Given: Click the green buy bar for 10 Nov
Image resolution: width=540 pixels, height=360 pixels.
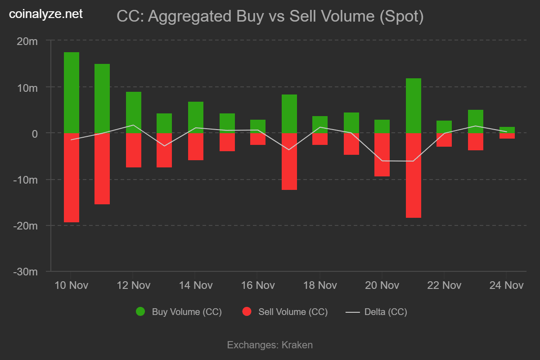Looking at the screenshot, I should pyautogui.click(x=72, y=92).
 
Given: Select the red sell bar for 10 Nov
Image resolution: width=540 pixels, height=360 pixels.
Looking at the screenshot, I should pyautogui.click(x=72, y=177).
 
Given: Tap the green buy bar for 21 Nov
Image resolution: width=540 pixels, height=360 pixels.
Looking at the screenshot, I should pyautogui.click(x=414, y=105).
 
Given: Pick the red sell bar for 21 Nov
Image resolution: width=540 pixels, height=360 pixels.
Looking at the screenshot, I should pyautogui.click(x=414, y=175).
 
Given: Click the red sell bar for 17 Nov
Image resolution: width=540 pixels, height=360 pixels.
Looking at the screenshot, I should pyautogui.click(x=289, y=161).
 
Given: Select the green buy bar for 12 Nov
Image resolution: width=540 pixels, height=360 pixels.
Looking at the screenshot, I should pyautogui.click(x=134, y=112).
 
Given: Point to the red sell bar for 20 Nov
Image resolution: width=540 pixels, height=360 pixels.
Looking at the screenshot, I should pyautogui.click(x=382, y=154).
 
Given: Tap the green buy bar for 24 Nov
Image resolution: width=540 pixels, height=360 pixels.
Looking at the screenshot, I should pyautogui.click(x=507, y=130).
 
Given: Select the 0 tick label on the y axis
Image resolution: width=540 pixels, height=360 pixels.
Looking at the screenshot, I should pyautogui.click(x=35, y=133).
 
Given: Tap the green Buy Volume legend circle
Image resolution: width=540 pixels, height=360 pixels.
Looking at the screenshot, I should pyautogui.click(x=140, y=312).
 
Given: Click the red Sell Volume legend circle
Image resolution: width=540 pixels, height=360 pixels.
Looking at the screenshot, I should pyautogui.click(x=247, y=312).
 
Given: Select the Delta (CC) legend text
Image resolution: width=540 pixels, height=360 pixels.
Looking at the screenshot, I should pyautogui.click(x=386, y=312).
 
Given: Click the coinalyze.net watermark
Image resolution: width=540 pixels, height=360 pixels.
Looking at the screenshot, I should pyautogui.click(x=46, y=14).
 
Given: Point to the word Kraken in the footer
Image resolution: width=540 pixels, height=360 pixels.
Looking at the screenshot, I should pyautogui.click(x=297, y=345).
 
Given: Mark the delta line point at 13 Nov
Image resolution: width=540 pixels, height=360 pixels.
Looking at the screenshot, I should pyautogui.click(x=164, y=146).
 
